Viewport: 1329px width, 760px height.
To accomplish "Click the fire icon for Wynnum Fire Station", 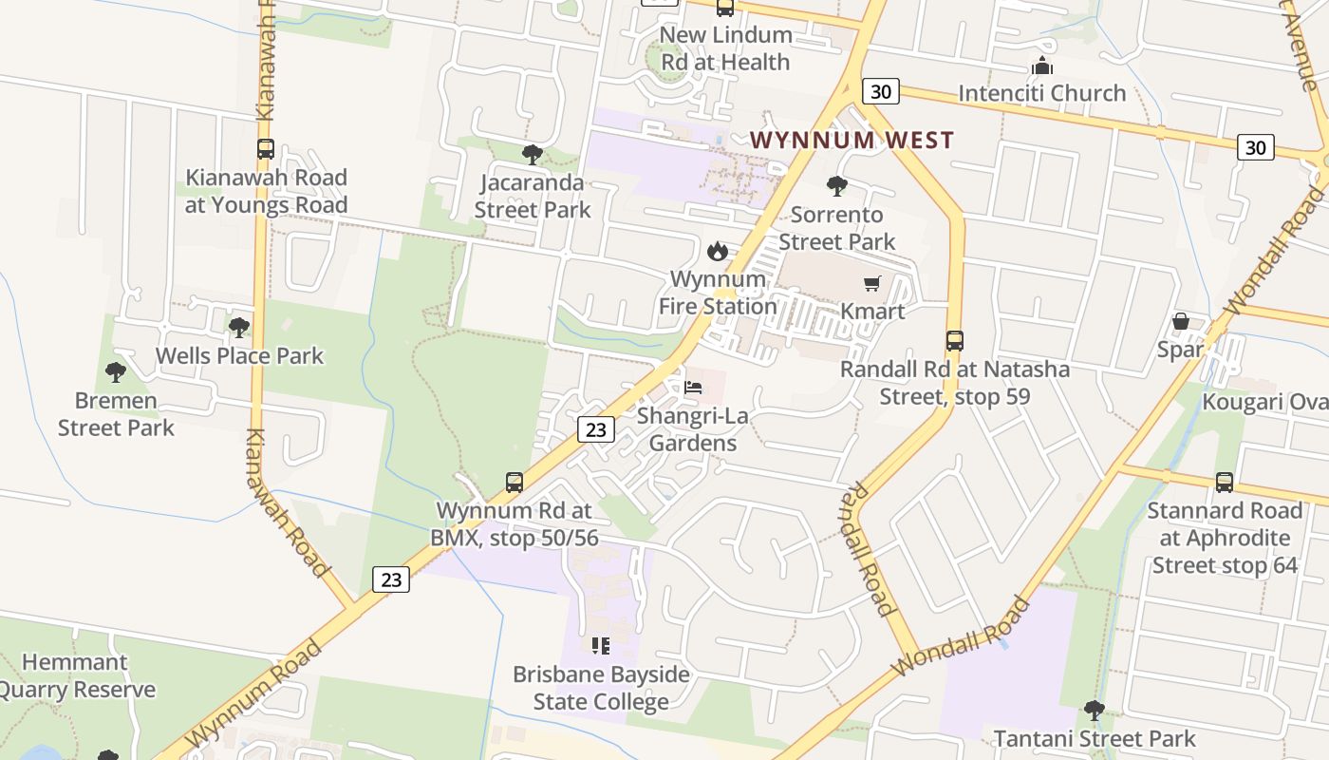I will point(718,251).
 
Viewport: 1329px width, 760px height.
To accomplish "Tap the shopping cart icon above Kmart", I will point(872,283).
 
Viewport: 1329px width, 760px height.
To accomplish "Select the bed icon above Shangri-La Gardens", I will point(694,388).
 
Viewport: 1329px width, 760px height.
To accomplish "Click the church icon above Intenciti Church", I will point(1042,66).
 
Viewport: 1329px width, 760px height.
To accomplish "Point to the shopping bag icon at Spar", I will point(1180,321).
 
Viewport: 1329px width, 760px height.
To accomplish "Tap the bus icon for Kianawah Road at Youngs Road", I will point(266,149).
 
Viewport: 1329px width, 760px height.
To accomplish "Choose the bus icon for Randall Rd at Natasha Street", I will point(955,341).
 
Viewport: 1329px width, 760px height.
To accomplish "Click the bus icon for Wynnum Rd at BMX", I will point(514,483).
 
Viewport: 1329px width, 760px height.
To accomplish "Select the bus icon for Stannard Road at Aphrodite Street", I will point(1225,483).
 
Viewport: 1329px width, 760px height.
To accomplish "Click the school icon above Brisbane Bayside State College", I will point(601,646).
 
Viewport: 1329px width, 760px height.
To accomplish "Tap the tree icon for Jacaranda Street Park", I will point(533,154).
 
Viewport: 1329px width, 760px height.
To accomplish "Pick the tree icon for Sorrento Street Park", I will point(836,185).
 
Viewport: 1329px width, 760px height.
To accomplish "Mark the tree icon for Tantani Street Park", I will point(1095,710).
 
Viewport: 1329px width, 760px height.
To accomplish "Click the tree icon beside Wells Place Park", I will point(239,328).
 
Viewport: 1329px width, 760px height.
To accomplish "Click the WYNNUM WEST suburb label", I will point(852,141).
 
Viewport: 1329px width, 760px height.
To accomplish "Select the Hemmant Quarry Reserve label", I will point(76,676).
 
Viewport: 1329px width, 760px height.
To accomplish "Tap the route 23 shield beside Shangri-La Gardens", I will point(595,429).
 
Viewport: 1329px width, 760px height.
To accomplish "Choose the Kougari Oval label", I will point(1264,402).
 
